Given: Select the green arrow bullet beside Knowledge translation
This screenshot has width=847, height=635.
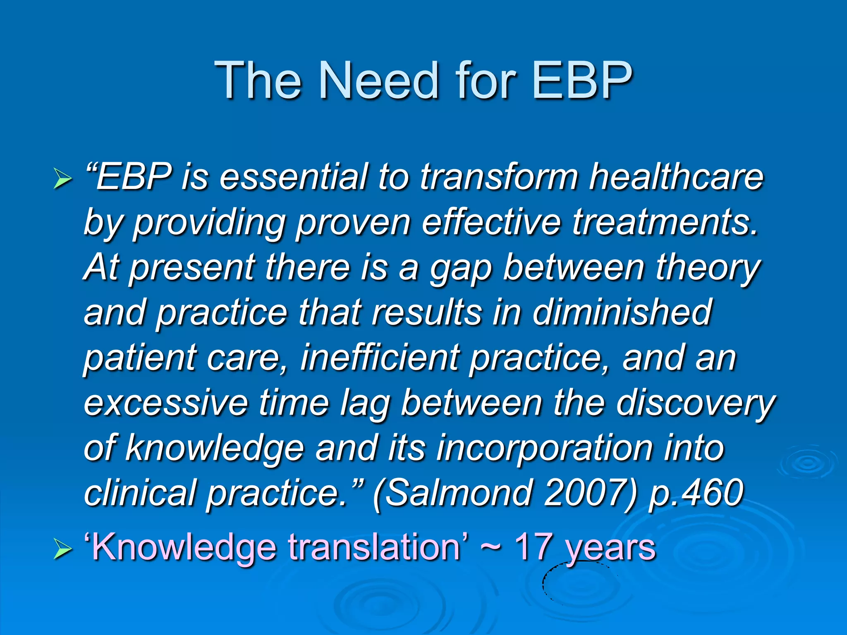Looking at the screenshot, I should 62,550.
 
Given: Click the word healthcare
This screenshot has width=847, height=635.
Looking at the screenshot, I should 676,177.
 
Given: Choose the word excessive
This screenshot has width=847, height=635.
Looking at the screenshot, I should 166,403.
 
